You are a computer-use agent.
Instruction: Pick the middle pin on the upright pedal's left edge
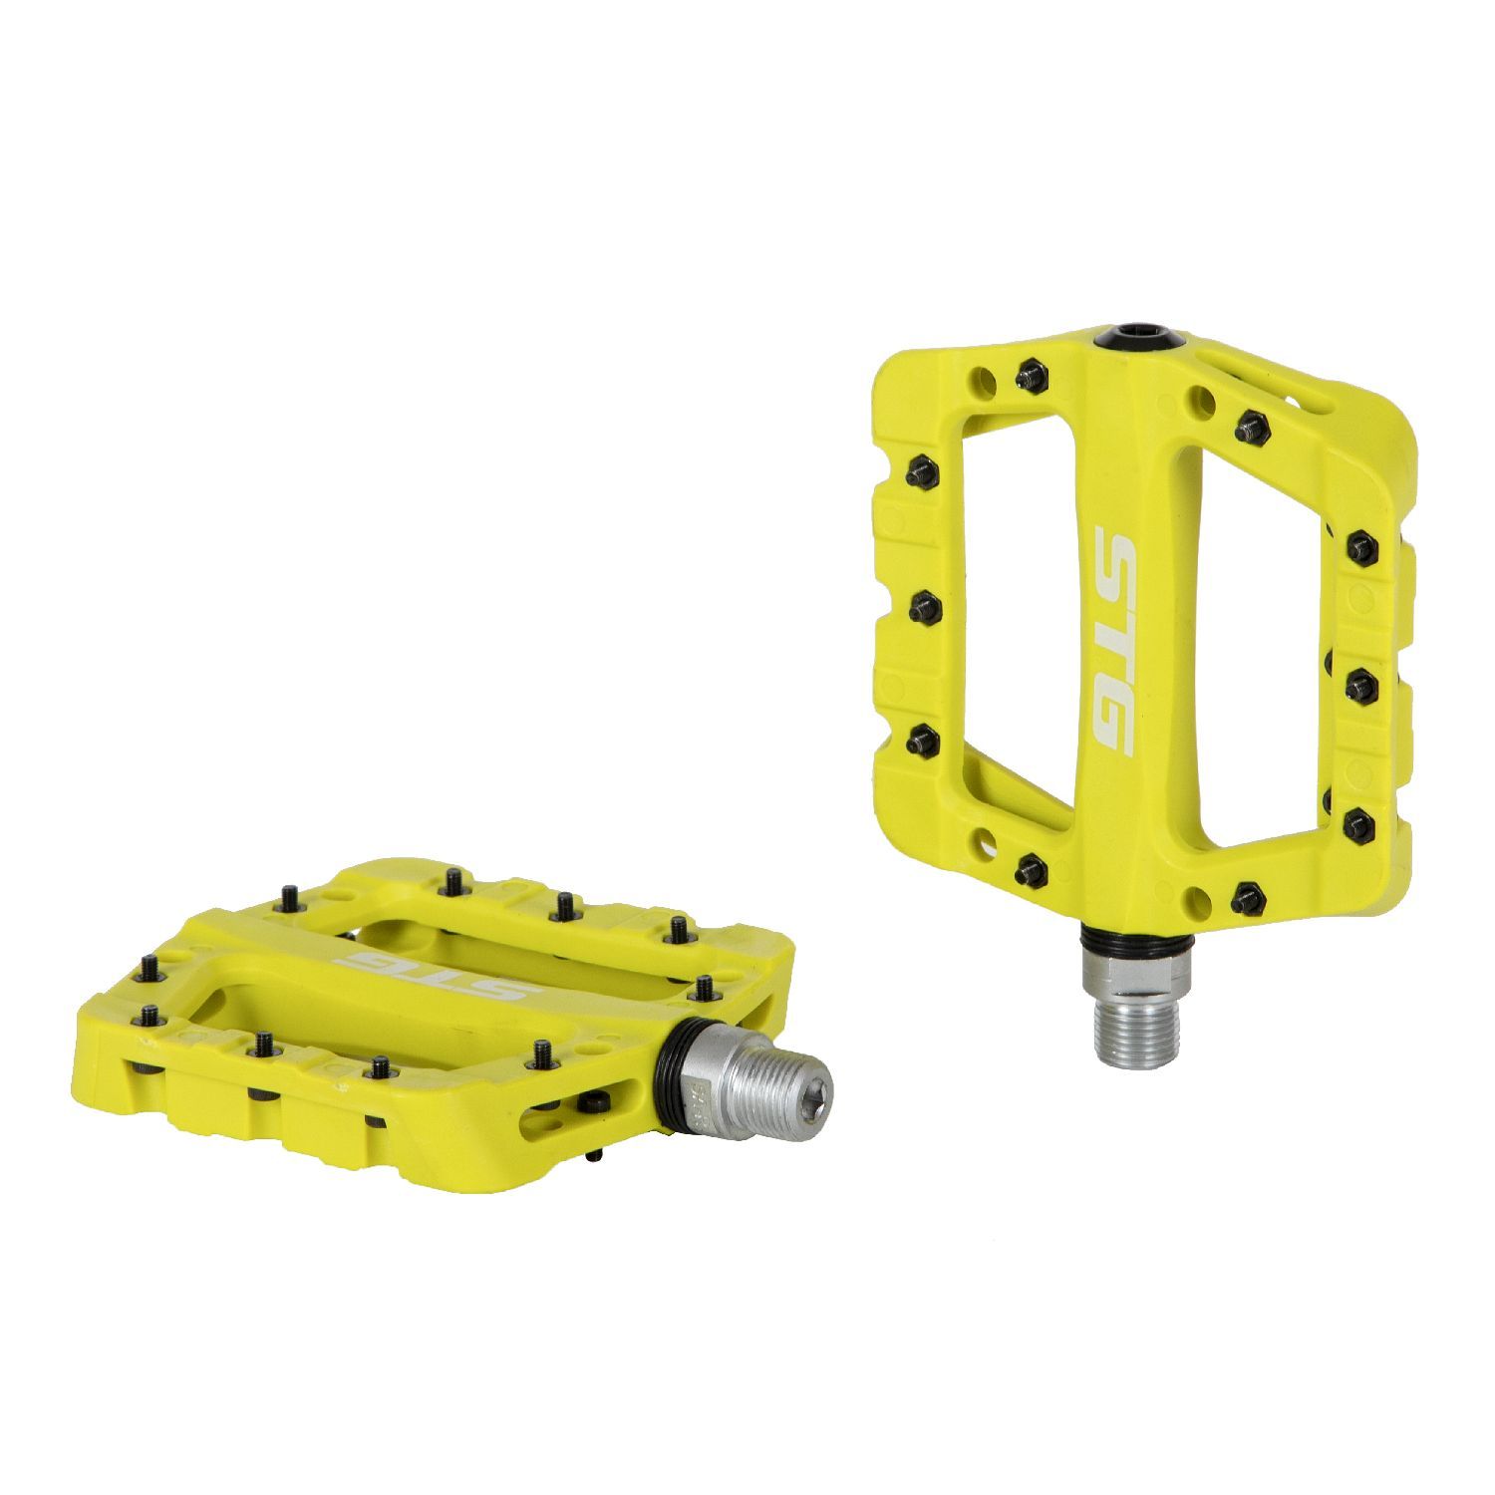coord(924,604)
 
